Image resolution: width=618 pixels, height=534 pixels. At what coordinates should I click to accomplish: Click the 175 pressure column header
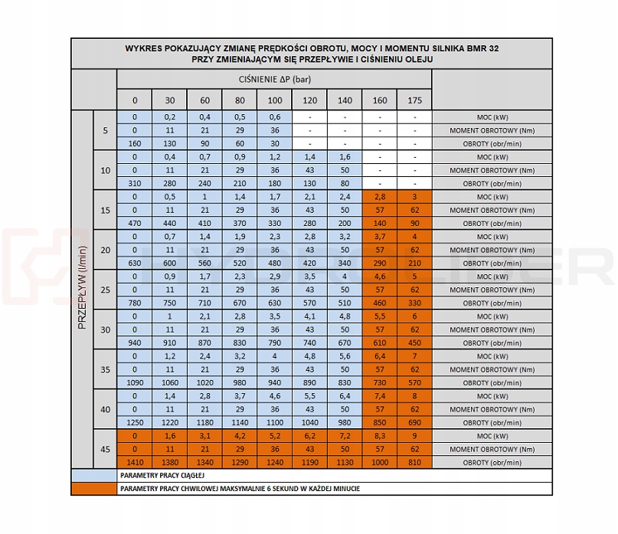414,100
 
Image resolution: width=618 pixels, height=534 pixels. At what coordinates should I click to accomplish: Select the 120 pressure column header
309,100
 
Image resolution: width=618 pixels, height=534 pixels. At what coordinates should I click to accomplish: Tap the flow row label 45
105,449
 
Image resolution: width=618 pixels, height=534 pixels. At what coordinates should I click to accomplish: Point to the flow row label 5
105,130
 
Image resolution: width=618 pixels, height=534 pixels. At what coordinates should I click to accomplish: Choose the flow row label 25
105,290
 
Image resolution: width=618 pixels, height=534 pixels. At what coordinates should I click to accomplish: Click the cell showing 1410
134,463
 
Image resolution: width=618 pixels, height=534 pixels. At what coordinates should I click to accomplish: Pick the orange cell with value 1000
380,463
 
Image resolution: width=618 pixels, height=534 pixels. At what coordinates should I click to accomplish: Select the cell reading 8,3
380,436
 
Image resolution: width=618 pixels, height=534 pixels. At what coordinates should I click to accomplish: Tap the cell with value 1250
134,423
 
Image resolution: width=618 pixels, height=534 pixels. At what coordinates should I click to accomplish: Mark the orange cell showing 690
414,423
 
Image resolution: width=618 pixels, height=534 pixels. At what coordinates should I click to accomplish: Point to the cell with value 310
134,184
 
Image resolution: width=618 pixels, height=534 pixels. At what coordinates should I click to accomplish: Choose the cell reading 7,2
345,436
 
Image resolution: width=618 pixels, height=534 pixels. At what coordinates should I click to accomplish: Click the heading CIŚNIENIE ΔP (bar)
274,79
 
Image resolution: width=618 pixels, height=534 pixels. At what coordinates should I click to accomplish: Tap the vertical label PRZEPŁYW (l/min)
82,290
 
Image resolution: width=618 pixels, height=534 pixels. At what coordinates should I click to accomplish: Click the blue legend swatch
93,476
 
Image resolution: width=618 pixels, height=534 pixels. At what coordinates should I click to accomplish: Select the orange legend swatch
93,489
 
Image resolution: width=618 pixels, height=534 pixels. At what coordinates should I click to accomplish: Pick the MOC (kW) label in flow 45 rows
492,436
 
